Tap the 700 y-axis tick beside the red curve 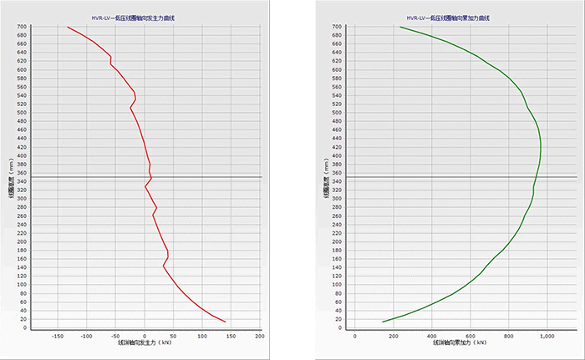23,27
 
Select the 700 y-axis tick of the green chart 338,27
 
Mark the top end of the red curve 67,27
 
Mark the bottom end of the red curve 226,322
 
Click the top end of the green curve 400,27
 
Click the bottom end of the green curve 383,322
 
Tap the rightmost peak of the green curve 541,150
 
